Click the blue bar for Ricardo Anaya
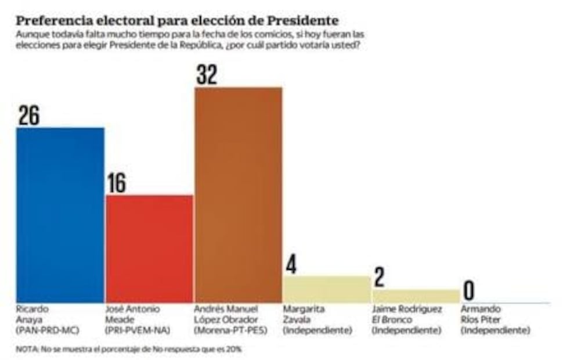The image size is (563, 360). pos(60,215)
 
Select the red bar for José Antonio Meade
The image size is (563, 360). pos(149,249)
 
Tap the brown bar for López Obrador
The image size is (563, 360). pos(238,195)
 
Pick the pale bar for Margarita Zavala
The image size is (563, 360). pos(327,289)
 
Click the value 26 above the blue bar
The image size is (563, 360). pos(28,114)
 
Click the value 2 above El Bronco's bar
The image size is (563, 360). pos(380,278)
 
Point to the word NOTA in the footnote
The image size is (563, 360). pos(26,350)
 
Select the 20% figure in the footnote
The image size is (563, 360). pos(234,350)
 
